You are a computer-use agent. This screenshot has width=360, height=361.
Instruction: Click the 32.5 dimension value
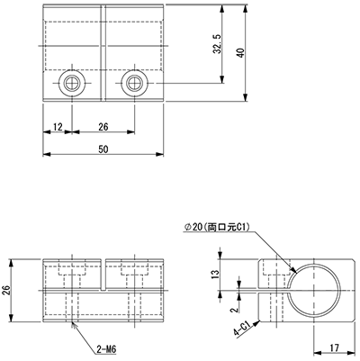click(218, 44)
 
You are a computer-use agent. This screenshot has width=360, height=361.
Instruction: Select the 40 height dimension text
click(241, 53)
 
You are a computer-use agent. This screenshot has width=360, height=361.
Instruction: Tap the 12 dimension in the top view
click(58, 127)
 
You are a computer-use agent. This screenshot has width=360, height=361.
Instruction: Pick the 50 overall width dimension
click(103, 149)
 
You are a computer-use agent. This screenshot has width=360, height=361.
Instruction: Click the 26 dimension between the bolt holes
click(103, 127)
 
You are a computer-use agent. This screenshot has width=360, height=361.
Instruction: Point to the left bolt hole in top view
click(72, 83)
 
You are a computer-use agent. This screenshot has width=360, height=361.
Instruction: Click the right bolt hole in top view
click(135, 83)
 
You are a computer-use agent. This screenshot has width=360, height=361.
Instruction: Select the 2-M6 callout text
click(106, 349)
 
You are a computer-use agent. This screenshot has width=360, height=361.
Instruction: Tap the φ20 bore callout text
click(217, 228)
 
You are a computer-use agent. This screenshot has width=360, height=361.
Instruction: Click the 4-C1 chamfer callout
click(242, 329)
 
